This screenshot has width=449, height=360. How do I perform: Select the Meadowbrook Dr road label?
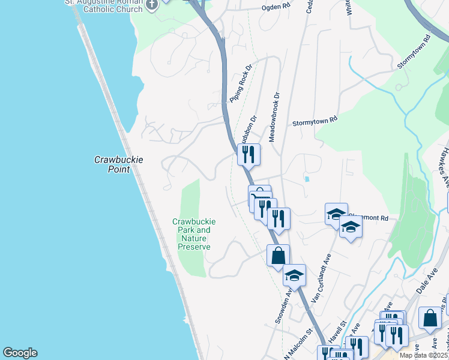(274, 116)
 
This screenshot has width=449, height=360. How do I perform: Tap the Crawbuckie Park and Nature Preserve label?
(194, 234)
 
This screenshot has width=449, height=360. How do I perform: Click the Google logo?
(20, 353)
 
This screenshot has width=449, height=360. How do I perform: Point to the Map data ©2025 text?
(423, 355)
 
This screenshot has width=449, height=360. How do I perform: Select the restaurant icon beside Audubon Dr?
(247, 154)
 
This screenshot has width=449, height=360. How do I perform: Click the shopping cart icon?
(259, 196)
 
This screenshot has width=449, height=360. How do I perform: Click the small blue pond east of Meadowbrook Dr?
(306, 178)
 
